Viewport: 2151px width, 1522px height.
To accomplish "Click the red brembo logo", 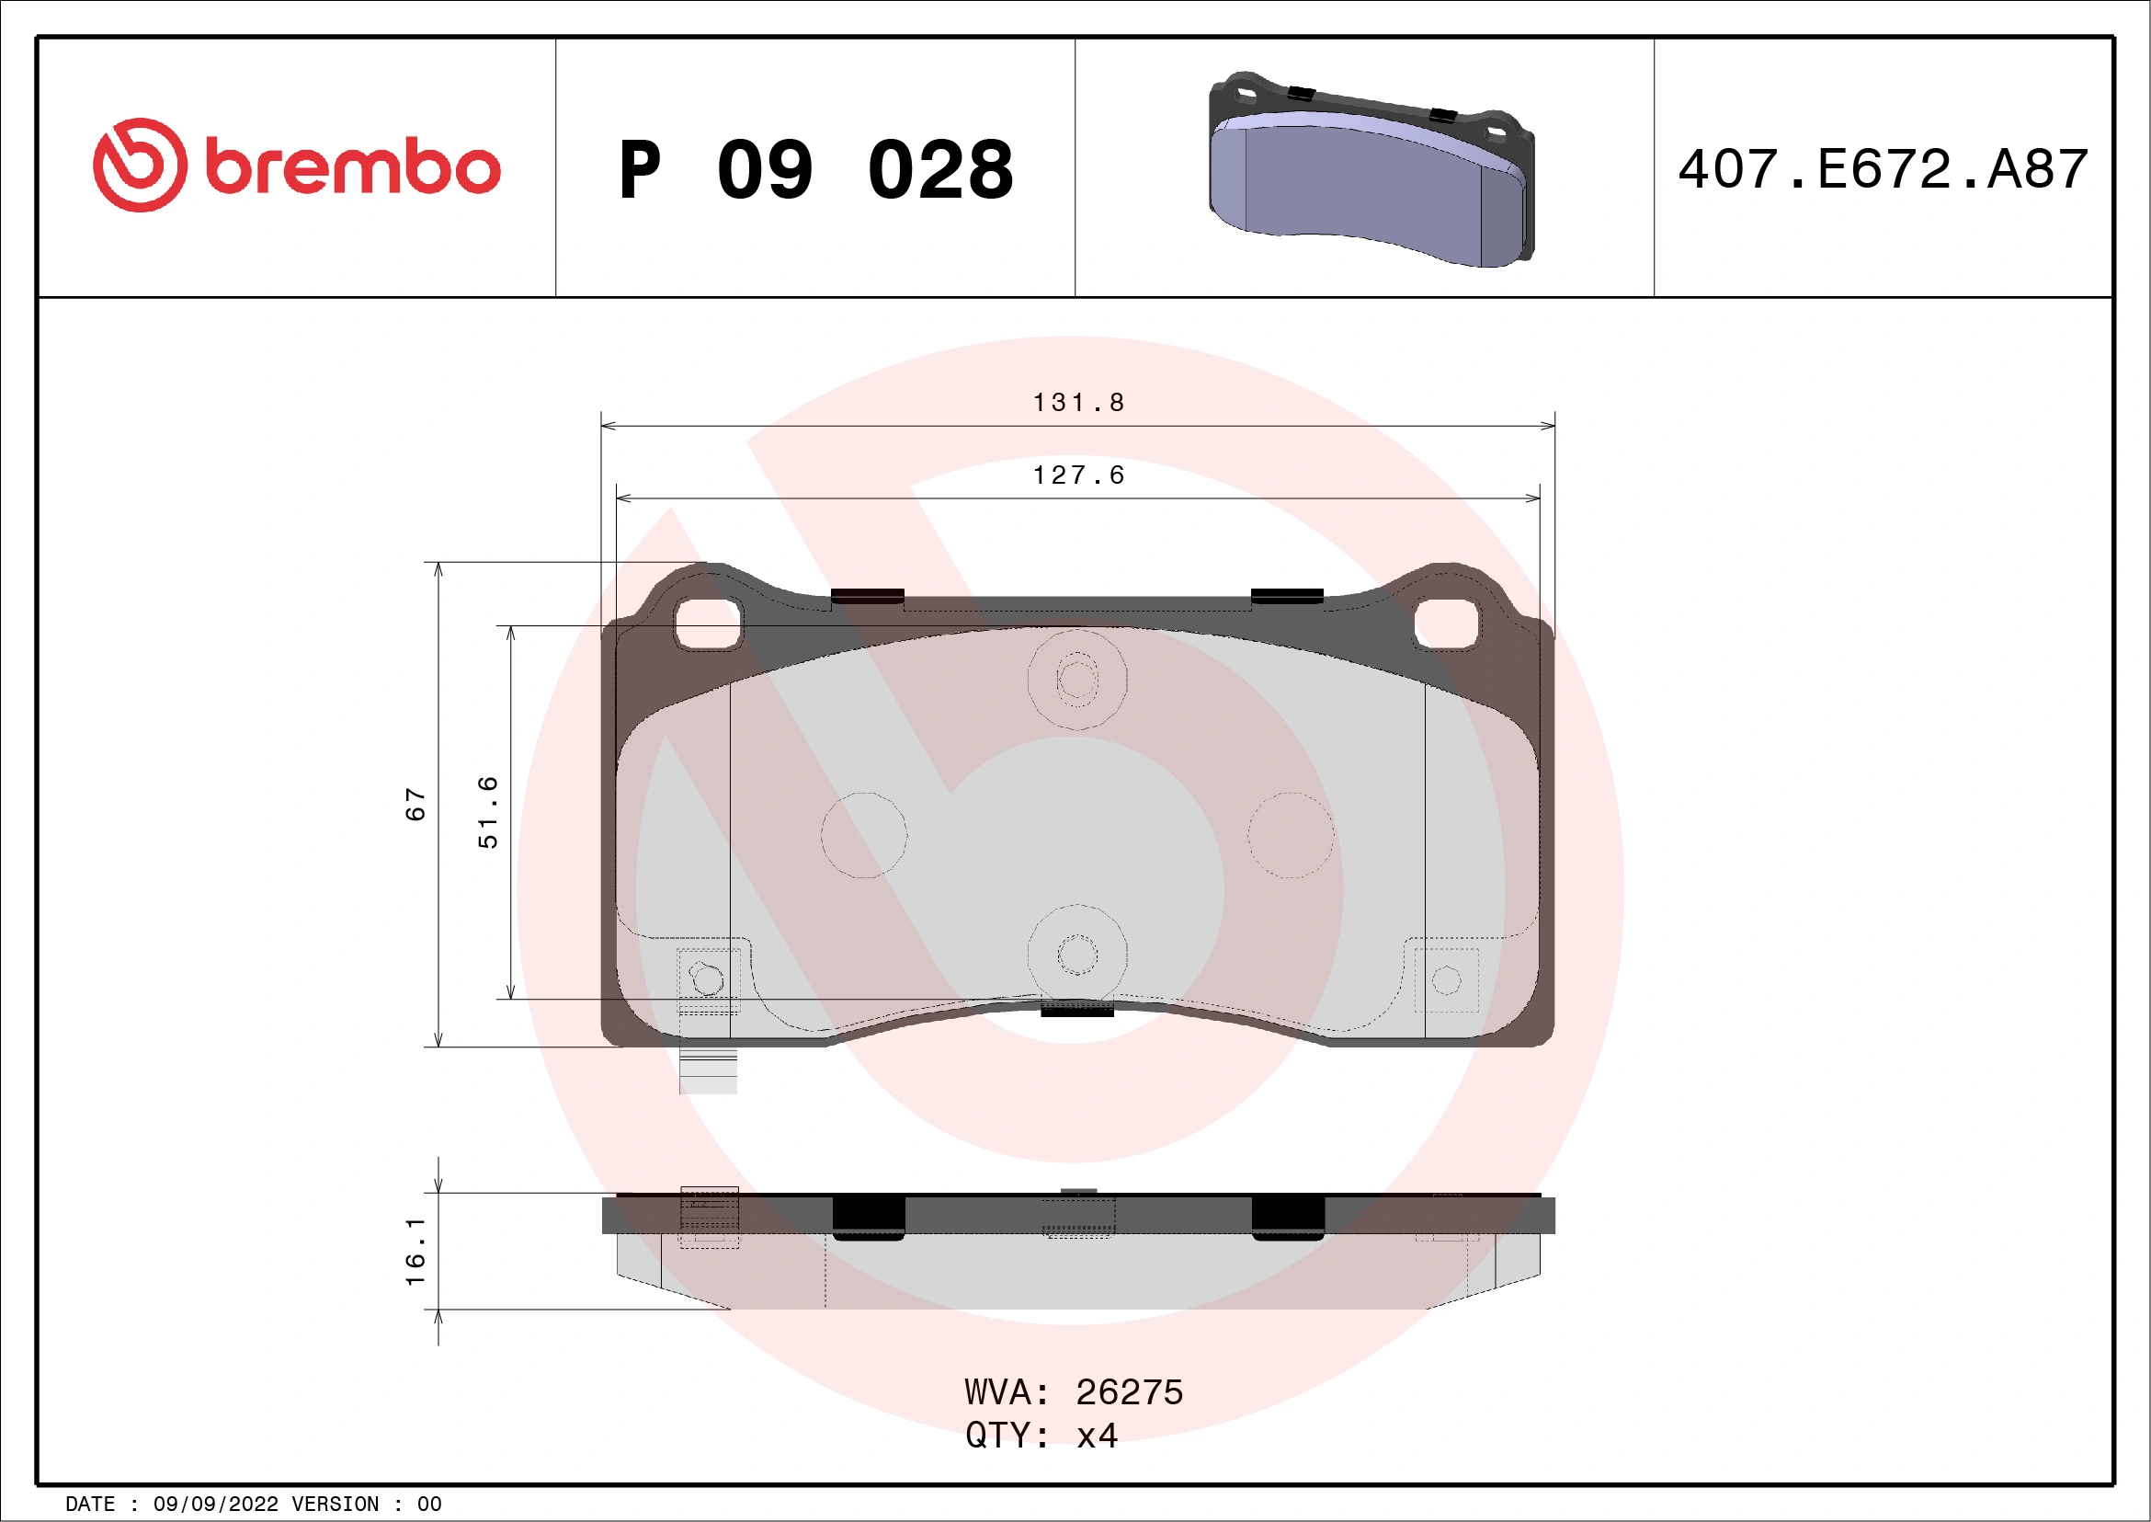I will pyautogui.click(x=296, y=166).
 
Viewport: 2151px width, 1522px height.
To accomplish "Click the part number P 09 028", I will pyautogui.click(x=815, y=170).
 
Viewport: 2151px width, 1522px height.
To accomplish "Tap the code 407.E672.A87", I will pyautogui.click(x=1884, y=169).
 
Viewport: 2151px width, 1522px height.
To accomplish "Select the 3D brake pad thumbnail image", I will pyautogui.click(x=1371, y=169).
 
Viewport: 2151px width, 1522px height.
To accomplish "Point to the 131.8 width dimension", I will pyautogui.click(x=1077, y=403).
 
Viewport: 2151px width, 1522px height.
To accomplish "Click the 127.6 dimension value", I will pyautogui.click(x=1077, y=476).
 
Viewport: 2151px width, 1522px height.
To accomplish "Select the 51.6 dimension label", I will pyautogui.click(x=488, y=812).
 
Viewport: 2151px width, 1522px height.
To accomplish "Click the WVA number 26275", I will pyautogui.click(x=1129, y=1392).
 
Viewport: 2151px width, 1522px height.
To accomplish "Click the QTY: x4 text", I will pyautogui.click(x=1041, y=1436).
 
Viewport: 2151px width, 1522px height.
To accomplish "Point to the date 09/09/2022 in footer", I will pyautogui.click(x=215, y=1505).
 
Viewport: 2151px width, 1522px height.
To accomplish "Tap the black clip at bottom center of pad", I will pyautogui.click(x=1077, y=1010).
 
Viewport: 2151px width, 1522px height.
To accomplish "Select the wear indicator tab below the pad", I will pyautogui.click(x=708, y=1070).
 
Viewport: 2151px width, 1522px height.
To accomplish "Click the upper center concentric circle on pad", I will pyautogui.click(x=1077, y=680).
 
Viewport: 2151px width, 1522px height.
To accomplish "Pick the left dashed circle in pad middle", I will pyautogui.click(x=864, y=835).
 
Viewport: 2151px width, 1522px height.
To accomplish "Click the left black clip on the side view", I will pyautogui.click(x=869, y=1218).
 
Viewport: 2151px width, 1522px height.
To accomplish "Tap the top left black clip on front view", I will pyautogui.click(x=868, y=596).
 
